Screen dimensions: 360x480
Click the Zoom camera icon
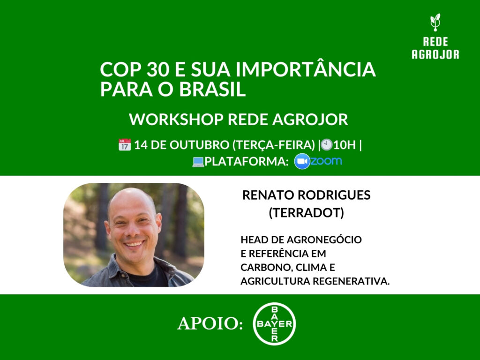tap(302, 161)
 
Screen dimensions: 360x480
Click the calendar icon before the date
tap(124, 145)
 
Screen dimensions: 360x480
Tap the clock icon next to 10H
tap(327, 145)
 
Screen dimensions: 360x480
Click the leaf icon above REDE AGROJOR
tap(435, 21)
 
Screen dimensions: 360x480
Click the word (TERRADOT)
tap(306, 213)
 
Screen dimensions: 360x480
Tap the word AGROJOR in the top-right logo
tap(435, 54)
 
